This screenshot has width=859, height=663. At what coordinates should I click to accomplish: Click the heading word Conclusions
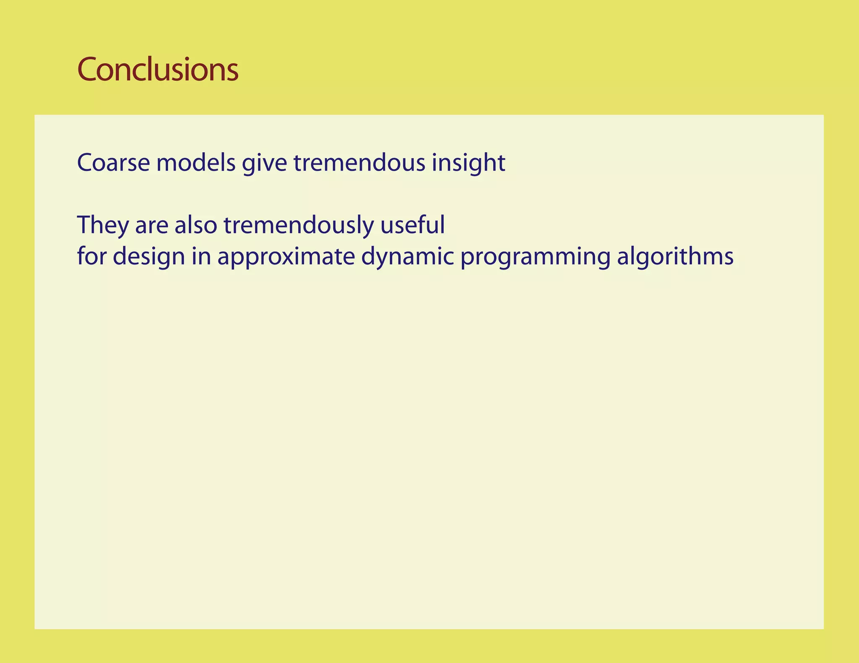[158, 70]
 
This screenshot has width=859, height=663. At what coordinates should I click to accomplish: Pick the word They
[103, 225]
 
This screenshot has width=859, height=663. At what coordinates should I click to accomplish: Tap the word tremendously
[298, 225]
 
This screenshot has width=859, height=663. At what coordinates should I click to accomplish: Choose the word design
[149, 256]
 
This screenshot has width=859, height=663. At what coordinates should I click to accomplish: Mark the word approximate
[286, 256]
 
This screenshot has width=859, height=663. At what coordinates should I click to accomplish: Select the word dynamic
[407, 256]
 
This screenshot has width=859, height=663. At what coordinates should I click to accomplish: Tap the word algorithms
[675, 256]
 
